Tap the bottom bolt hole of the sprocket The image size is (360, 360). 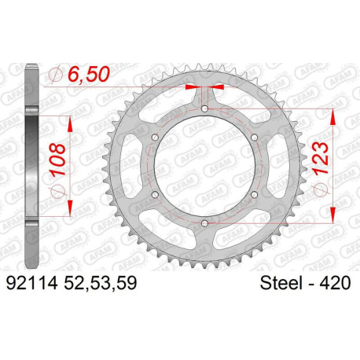204,226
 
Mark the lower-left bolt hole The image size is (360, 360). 153,196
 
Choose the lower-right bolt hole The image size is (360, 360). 254,196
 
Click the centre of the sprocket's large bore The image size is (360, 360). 204,167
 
